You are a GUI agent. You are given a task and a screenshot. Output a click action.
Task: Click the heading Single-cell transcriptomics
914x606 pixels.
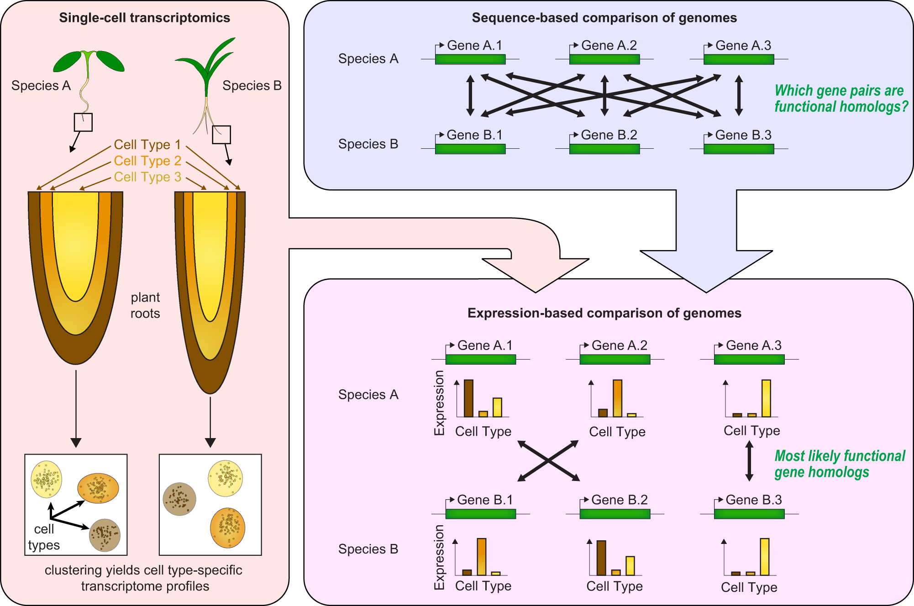pos(144,18)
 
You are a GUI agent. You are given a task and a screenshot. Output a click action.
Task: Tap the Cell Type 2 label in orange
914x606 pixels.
pos(147,161)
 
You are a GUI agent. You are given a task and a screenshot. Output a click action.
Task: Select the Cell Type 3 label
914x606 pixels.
pos(147,177)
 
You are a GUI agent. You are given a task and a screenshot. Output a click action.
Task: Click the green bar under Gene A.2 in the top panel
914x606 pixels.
pos(604,59)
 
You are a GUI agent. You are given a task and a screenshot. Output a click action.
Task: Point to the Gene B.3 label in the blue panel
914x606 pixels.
pos(743,135)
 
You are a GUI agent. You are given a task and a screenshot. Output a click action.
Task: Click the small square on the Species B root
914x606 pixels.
pos(221,135)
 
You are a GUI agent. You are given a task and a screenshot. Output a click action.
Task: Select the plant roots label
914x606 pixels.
pos(145,305)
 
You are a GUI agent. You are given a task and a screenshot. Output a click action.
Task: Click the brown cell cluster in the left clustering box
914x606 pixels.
pos(105,535)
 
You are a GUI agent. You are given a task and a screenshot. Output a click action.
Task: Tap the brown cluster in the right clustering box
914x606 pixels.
pos(179,499)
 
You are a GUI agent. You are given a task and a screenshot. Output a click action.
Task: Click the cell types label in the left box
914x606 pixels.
pos(44,537)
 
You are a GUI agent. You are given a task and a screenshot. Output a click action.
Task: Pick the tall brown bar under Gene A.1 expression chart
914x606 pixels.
pos(468,398)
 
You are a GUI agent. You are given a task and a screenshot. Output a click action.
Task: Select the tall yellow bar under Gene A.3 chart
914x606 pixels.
pos(766,398)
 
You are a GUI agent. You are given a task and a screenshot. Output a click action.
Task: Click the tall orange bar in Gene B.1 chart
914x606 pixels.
pos(481,556)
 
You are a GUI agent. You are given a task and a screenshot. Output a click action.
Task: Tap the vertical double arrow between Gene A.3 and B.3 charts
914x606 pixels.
pos(749,461)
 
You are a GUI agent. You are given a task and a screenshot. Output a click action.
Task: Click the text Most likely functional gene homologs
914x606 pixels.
pos(839,464)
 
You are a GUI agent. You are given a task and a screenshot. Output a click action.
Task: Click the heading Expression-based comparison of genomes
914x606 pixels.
pos(604,313)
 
